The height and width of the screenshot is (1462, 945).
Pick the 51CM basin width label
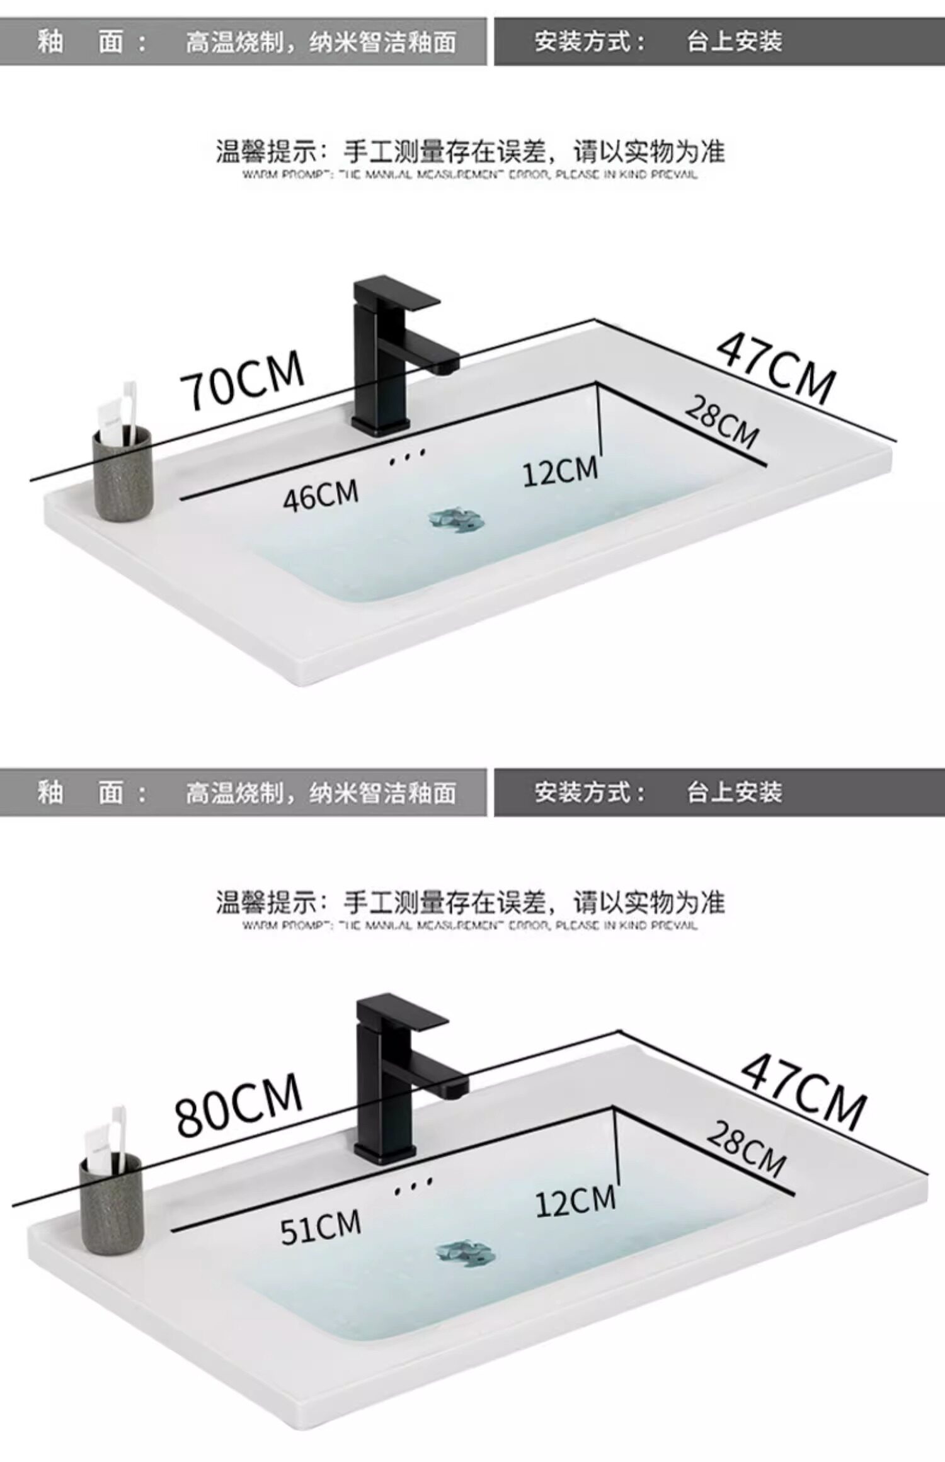click(x=320, y=1226)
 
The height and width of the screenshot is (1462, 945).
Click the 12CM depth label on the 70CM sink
click(x=560, y=472)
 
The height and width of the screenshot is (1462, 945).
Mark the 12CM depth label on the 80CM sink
click(x=575, y=1201)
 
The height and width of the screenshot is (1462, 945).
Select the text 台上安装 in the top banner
click(x=734, y=42)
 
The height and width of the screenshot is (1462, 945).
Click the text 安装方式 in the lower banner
click(x=589, y=792)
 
